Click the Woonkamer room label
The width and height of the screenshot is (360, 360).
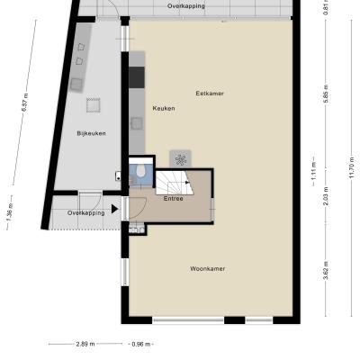(x=208, y=269)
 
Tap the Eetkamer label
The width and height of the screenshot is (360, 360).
(x=210, y=94)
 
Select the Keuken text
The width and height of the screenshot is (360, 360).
(x=164, y=108)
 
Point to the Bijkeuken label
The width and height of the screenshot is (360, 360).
(x=91, y=133)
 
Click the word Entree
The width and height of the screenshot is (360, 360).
(x=174, y=199)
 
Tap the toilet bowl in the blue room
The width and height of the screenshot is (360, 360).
(x=140, y=171)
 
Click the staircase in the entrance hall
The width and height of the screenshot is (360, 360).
(x=175, y=183)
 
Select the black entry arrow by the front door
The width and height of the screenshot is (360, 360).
(x=114, y=209)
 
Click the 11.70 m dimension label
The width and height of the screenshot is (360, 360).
(x=352, y=168)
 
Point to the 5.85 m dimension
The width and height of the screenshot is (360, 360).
(x=326, y=94)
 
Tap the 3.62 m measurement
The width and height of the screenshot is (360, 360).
(x=326, y=270)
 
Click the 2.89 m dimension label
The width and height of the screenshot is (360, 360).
(x=85, y=344)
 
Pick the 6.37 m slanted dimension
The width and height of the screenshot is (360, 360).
(x=25, y=103)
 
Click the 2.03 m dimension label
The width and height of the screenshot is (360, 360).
(x=326, y=196)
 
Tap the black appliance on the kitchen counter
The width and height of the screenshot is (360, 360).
(x=137, y=77)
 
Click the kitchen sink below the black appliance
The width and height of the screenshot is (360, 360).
(x=137, y=123)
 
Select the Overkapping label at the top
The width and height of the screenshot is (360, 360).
(x=186, y=6)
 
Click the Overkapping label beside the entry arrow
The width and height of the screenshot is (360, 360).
(x=86, y=213)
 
